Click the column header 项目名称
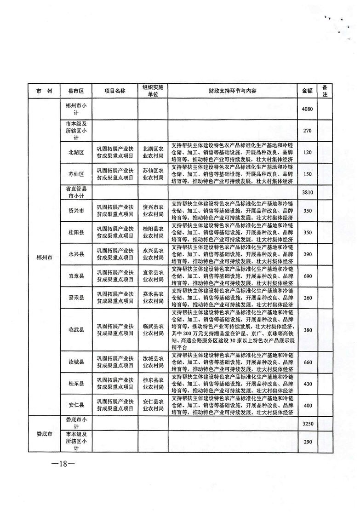point(114,91)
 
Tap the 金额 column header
point(307,91)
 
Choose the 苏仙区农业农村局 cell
point(153,174)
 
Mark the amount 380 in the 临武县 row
point(307,330)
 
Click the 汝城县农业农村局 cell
point(153,362)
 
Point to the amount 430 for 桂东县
point(307,384)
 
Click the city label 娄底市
point(45,434)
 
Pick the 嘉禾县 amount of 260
point(307,298)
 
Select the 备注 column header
point(325,91)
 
